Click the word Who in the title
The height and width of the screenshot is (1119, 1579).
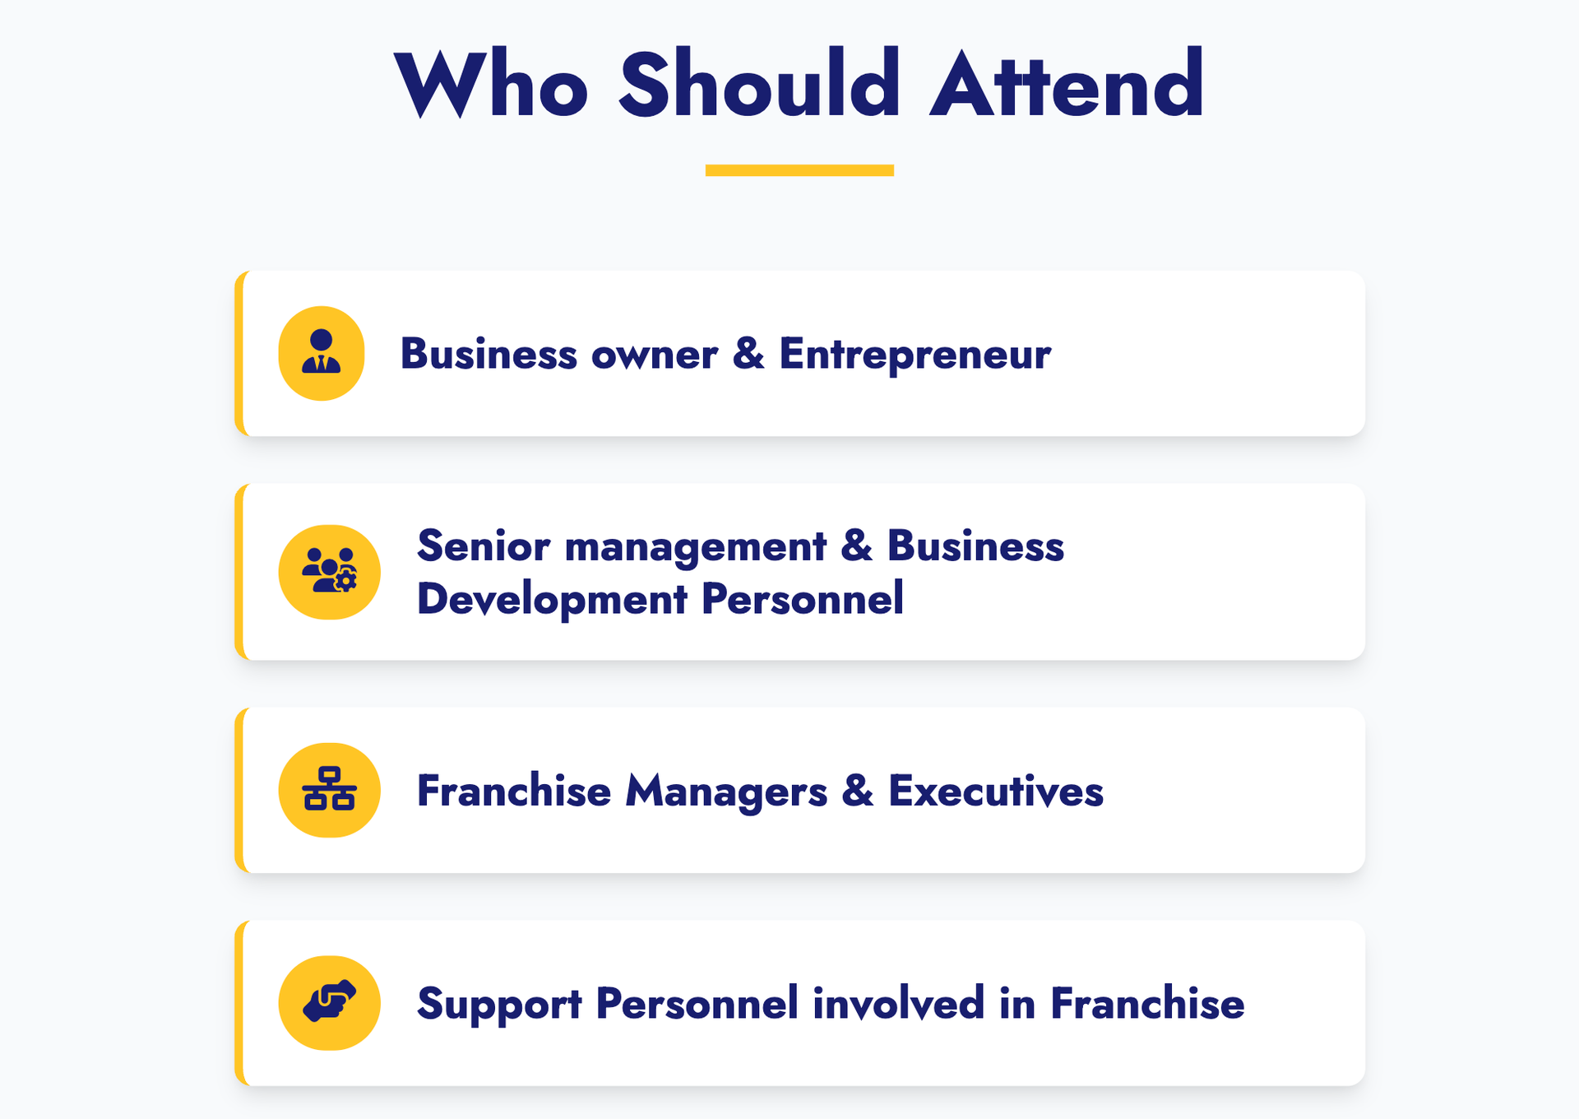pos(491,84)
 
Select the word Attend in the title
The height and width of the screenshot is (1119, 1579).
pos(1067,84)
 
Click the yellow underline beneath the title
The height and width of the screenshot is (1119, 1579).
pos(799,170)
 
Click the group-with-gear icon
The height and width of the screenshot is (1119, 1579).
pos(329,570)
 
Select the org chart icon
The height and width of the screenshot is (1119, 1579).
pos(329,788)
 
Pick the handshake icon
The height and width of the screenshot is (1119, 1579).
pos(329,1001)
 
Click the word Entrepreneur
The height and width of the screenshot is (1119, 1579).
pos(915,355)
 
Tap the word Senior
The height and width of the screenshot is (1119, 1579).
pos(484,546)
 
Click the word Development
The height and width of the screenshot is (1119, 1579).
pos(552,600)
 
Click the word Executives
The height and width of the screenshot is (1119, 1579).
pos(996,791)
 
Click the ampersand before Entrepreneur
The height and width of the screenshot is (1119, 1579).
pos(748,353)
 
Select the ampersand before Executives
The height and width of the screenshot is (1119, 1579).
pos(858,790)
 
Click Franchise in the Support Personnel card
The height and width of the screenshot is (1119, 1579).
pos(1147,1004)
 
